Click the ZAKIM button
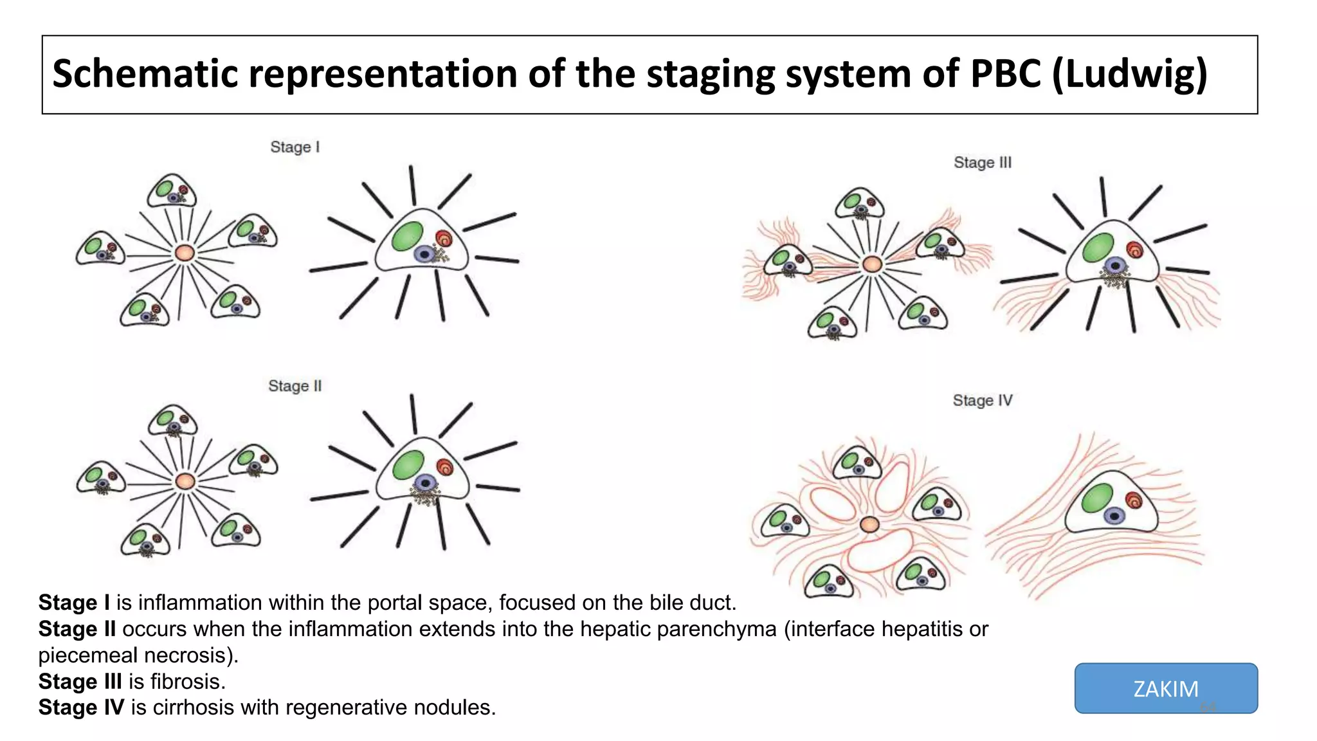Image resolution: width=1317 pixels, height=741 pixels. pos(1165,688)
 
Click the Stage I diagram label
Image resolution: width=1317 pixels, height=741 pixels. pos(295,147)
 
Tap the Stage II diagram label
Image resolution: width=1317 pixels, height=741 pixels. pos(295,386)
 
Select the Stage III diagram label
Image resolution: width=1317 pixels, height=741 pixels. pos(982,163)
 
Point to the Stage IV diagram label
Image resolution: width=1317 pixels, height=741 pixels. pos(982,401)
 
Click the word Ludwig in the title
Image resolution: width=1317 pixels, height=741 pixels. pos(1129,74)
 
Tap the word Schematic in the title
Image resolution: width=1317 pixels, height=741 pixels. pos(145,74)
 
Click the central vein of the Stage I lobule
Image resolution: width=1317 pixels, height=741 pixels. pos(185,253)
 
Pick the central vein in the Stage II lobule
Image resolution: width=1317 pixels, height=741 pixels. pos(185,481)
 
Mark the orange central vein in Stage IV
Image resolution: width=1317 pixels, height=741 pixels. pos(869,524)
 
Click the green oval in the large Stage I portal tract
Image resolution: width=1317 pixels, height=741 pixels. pos(407,236)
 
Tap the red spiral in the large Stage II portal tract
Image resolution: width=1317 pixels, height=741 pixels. pos(444,467)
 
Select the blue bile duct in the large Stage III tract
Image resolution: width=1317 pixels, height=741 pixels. pos(1115,265)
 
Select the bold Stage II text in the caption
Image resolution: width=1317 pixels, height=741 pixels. pos(77,629)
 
